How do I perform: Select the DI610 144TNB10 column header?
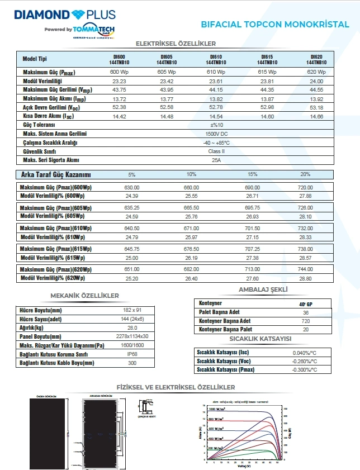pyautogui.click(x=215, y=60)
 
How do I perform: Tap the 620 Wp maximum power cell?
pyautogui.click(x=316, y=73)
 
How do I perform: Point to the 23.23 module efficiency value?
pyautogui.click(x=119, y=82)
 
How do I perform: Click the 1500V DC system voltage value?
pyautogui.click(x=216, y=134)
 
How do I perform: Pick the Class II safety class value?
pyautogui.click(x=216, y=151)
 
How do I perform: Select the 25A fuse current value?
pyautogui.click(x=216, y=160)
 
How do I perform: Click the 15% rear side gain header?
pyautogui.click(x=252, y=174)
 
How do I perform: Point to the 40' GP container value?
pyautogui.click(x=306, y=303)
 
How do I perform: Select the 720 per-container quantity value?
pyautogui.click(x=306, y=321)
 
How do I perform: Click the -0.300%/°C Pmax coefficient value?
pyautogui.click(x=305, y=371)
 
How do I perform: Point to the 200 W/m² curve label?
pyautogui.click(x=215, y=448)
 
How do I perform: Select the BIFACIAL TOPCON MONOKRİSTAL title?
pyautogui.click(x=275, y=25)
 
